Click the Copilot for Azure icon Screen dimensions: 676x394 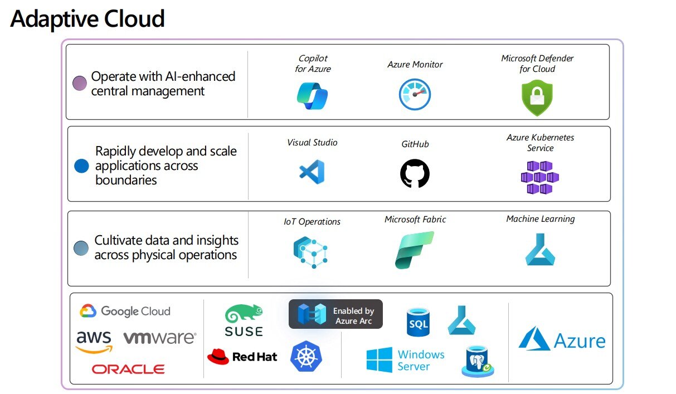(312, 95)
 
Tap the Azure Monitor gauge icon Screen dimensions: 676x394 (415, 94)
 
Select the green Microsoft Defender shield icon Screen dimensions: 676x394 (537, 98)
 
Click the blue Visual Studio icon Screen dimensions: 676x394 (312, 172)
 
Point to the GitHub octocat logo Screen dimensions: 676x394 (415, 173)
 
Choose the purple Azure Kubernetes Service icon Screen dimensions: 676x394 (539, 177)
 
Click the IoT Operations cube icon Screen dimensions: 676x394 (310, 251)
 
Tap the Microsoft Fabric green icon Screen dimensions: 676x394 (414, 250)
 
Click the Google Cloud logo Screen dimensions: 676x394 (125, 311)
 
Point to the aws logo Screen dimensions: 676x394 (94, 341)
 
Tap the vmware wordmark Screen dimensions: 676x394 (159, 338)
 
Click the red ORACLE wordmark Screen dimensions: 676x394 (128, 369)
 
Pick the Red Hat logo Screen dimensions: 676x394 (242, 357)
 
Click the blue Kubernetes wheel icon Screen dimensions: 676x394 (305, 357)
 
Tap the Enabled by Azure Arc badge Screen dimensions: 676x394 (335, 314)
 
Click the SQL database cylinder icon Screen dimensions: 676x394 (417, 322)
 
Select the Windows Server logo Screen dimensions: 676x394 (405, 360)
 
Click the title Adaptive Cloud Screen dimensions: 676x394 (87, 18)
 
